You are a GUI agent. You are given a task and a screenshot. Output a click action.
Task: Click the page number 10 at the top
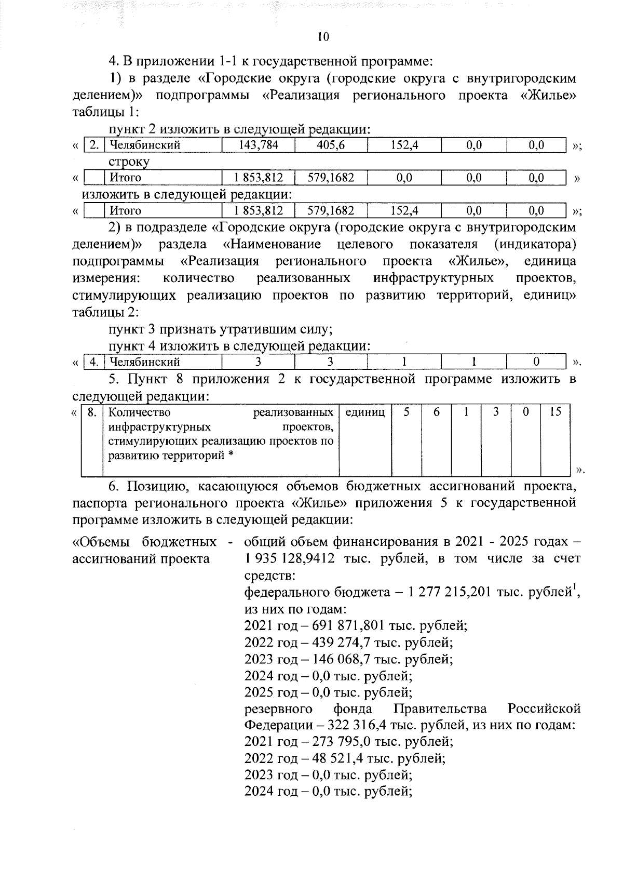point(322,36)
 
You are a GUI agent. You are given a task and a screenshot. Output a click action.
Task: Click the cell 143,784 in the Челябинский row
point(258,145)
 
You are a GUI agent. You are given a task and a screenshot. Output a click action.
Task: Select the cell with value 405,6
point(331,145)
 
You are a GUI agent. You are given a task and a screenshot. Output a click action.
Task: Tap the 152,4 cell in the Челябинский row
point(404,145)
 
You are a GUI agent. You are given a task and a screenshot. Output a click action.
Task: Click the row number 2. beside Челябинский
point(94,145)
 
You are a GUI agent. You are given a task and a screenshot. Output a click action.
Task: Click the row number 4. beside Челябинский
point(94,362)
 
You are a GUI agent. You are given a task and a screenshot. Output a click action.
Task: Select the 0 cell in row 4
point(536,362)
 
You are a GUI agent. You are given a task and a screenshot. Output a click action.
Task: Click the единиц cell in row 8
point(365,412)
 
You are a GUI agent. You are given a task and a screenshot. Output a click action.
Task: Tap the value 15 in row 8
point(555,412)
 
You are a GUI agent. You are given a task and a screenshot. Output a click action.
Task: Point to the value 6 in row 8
point(437,412)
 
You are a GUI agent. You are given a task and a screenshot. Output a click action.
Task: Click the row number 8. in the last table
point(92,412)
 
